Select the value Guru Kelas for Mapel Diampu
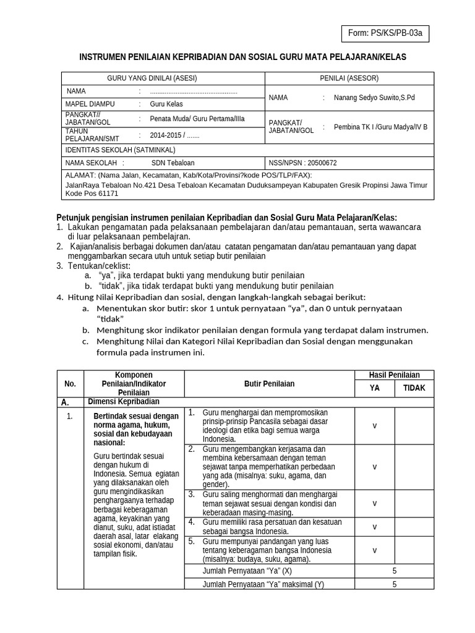pos(166,104)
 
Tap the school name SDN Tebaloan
pos(173,163)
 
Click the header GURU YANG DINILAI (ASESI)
pos(152,78)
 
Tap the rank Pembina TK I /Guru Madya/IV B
pos(380,127)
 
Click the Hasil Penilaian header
pos(394,375)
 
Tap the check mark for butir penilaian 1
pos(374,425)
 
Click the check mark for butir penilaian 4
pos(374,527)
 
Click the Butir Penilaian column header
pos(269,383)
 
